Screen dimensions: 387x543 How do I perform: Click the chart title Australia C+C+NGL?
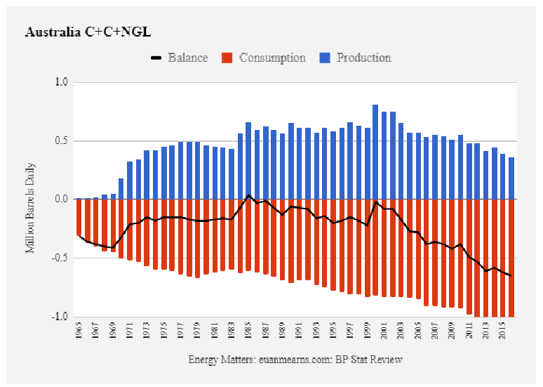pyautogui.click(x=88, y=32)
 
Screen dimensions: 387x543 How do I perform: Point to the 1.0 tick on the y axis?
pyautogui.click(x=61, y=82)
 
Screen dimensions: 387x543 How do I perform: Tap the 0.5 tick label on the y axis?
pyautogui.click(x=61, y=141)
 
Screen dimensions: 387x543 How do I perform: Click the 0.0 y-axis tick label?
pyautogui.click(x=61, y=199)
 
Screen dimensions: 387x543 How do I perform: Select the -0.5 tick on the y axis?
pyautogui.click(x=60, y=258)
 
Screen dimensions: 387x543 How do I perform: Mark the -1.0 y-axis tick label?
pyautogui.click(x=60, y=317)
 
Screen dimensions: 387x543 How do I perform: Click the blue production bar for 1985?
pyautogui.click(x=248, y=161)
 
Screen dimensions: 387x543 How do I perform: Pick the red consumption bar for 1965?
pyautogui.click(x=79, y=217)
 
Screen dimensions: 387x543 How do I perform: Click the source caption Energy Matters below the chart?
pyautogui.click(x=295, y=360)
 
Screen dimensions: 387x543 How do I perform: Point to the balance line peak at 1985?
pyautogui.click(x=248, y=195)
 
